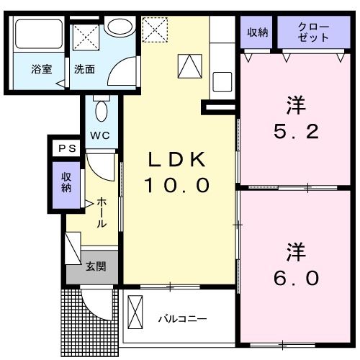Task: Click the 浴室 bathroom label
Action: (40, 70)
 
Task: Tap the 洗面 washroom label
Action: (84, 70)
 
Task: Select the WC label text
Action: (100, 135)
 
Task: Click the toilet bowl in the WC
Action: (101, 112)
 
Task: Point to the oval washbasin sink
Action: (120, 28)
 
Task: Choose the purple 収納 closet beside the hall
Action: (66, 182)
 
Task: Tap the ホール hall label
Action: (102, 213)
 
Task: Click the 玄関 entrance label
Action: (96, 266)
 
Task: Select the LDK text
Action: (178, 160)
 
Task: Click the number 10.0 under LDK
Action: (178, 186)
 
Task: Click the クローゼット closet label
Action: (313, 32)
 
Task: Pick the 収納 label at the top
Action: (258, 32)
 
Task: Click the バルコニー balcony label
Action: (183, 318)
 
